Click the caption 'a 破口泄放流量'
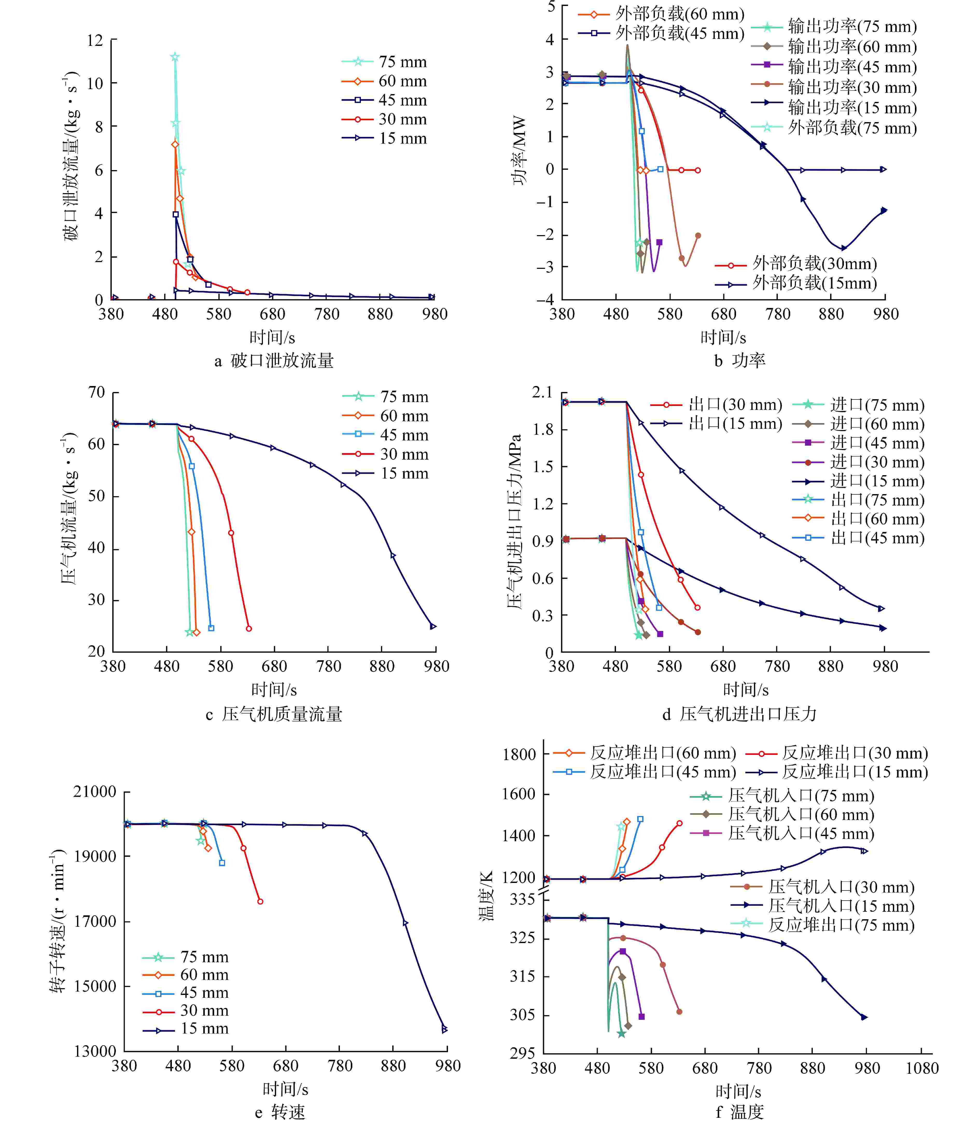pos(274,361)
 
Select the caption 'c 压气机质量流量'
pos(274,714)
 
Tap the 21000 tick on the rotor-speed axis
pos(95,792)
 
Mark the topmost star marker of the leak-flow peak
pos(174,57)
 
